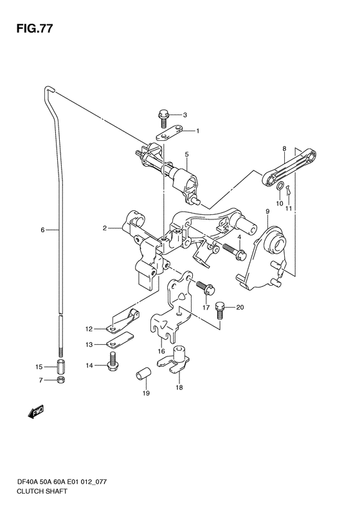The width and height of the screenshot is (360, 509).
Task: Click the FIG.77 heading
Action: [35, 29]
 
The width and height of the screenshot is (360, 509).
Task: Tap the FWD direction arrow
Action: [35, 411]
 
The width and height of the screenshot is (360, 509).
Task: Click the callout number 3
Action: [185, 115]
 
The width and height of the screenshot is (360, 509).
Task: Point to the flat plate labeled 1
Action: [169, 133]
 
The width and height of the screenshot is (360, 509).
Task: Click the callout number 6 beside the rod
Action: [42, 230]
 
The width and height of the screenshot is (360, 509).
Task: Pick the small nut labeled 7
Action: [60, 380]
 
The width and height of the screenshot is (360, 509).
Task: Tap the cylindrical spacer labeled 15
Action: [60, 367]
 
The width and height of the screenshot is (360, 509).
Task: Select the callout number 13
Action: [89, 345]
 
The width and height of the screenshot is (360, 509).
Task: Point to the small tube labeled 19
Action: [143, 373]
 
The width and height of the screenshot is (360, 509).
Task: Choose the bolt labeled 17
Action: [205, 286]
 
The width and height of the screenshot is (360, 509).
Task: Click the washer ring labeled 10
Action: [279, 187]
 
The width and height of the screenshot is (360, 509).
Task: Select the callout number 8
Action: [284, 149]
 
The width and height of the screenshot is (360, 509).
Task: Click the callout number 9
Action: [267, 212]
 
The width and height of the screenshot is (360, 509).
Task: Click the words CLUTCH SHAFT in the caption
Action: [43, 491]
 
